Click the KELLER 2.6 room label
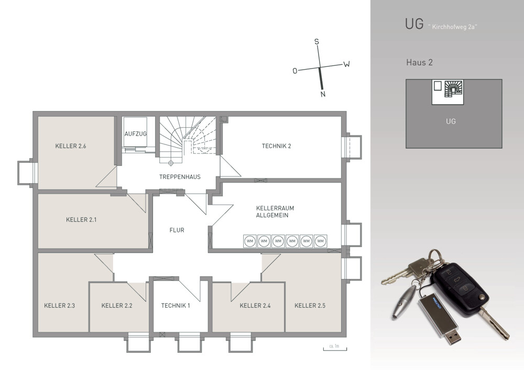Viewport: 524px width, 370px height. [x=71, y=146]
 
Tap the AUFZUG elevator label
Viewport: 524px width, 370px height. [x=135, y=134]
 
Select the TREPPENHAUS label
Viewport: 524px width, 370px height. [x=180, y=177]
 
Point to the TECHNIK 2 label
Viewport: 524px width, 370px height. [x=276, y=146]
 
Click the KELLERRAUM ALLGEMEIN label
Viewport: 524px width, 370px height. [x=275, y=211]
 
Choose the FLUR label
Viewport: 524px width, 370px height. [x=177, y=230]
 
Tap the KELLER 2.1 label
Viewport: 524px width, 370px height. [x=81, y=219]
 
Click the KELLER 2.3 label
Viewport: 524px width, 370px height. [x=60, y=305]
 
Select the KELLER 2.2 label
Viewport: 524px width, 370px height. [x=117, y=305]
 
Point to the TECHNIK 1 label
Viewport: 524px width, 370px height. [x=176, y=305]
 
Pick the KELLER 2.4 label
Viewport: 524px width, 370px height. [x=255, y=305]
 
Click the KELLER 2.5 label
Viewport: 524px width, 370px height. [x=310, y=305]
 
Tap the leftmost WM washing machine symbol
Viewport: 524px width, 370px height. [x=250, y=241]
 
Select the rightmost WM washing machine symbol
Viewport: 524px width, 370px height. [x=321, y=241]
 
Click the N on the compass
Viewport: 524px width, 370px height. [x=323, y=94]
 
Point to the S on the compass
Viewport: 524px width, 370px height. [x=316, y=42]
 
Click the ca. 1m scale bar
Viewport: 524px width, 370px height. [x=335, y=349]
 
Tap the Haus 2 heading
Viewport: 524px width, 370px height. [x=419, y=62]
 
